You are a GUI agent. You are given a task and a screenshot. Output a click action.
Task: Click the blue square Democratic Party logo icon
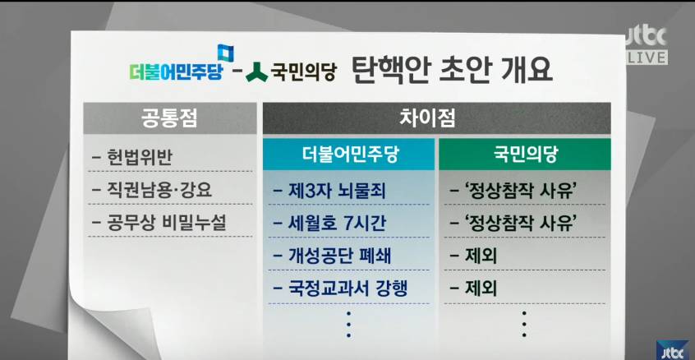point(224,53)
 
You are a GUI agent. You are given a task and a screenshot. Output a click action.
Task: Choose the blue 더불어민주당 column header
point(348,154)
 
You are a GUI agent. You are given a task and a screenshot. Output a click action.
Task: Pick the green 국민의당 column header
point(524,154)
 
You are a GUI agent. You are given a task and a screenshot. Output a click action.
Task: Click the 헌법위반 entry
point(140,159)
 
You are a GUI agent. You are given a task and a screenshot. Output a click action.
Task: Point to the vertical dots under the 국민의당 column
point(523,325)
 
